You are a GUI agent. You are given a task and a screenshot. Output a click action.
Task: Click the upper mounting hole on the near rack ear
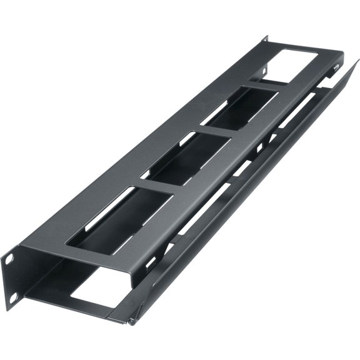(x=10, y=257)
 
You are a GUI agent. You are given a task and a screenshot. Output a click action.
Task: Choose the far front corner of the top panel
(x=343, y=55)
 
